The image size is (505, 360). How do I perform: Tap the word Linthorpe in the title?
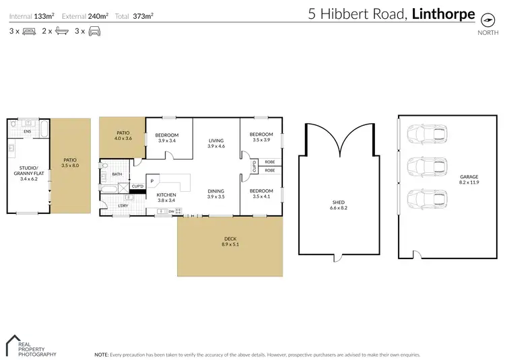[444, 13]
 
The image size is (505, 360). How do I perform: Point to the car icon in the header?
[94, 31]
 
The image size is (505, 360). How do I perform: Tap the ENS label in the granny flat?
[28, 131]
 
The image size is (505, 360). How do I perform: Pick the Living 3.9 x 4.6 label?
[216, 143]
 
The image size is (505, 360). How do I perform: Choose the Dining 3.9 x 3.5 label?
[216, 193]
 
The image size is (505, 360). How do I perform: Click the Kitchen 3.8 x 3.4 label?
[166, 197]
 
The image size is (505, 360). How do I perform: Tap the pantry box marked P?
[153, 181]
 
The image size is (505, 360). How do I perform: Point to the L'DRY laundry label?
[123, 205]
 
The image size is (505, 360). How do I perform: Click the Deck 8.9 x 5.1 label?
[230, 241]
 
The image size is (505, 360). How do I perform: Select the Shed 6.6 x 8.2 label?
[339, 204]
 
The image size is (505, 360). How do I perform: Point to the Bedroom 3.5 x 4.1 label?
[261, 193]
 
